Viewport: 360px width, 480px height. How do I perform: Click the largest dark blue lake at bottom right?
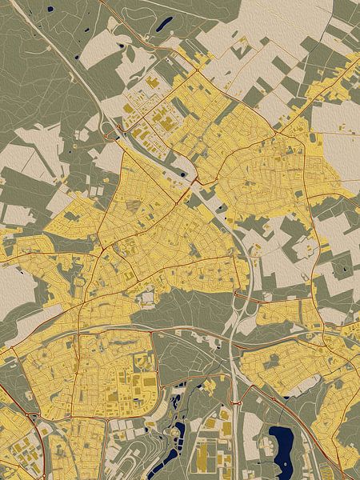(x=282, y=441)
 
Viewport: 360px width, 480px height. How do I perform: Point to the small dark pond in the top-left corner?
(x=50, y=10)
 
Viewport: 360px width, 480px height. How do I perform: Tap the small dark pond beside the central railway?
(x=186, y=175)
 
